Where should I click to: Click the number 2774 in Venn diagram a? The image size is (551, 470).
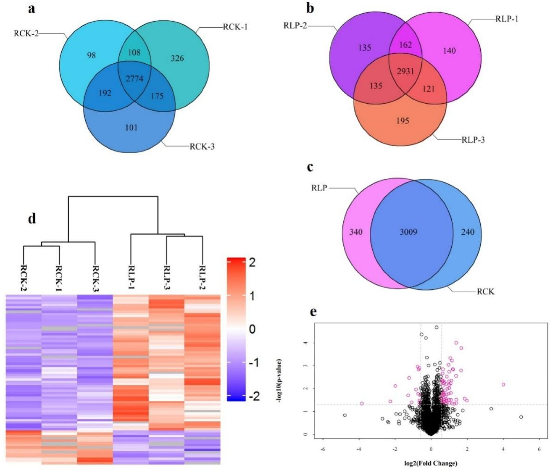(x=135, y=79)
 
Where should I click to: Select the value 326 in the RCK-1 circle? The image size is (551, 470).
(x=177, y=58)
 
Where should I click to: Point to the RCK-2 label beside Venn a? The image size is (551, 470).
(x=26, y=34)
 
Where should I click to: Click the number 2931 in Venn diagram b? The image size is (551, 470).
(x=405, y=71)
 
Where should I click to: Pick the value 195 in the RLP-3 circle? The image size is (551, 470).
(x=402, y=121)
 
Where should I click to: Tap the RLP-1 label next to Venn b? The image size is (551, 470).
(x=507, y=19)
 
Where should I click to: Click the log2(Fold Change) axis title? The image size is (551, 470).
(x=431, y=463)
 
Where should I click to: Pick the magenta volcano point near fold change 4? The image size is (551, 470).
(x=503, y=384)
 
